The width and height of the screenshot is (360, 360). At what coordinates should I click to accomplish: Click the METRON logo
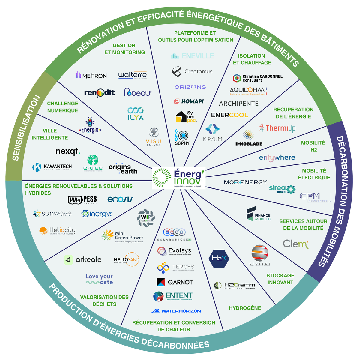[91, 75]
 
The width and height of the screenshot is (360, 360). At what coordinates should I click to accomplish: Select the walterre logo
[133, 75]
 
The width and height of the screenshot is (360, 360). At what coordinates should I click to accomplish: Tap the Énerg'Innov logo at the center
[178, 178]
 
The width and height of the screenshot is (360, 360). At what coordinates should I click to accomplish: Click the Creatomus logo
[192, 72]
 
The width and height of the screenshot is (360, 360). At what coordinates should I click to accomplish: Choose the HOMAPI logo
[189, 101]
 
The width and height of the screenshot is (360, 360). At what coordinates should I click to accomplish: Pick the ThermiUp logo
[277, 128]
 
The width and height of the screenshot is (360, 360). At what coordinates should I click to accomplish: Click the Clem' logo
[295, 244]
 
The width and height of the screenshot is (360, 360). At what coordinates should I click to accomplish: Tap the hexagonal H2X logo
[219, 259]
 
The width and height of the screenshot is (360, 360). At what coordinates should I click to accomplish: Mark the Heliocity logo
[57, 230]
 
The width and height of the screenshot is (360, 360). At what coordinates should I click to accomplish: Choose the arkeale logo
[83, 260]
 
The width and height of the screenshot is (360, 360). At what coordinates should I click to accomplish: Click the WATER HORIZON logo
[176, 311]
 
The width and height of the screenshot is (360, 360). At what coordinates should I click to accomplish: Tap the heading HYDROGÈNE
[245, 308]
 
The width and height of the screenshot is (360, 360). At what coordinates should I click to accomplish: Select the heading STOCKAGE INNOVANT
[280, 279]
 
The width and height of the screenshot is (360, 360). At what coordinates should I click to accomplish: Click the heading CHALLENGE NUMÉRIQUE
[63, 107]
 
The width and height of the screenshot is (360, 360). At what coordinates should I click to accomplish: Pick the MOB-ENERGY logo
[245, 182]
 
